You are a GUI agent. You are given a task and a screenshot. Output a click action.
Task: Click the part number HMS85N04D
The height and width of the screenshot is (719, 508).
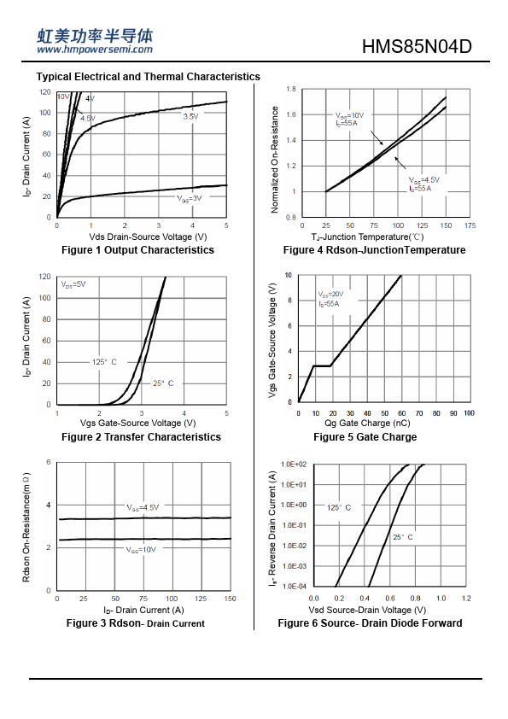coord(417,46)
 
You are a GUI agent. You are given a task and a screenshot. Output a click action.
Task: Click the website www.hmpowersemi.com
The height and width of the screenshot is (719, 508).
coord(95,50)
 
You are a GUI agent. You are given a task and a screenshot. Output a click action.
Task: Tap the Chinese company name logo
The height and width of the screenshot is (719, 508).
coord(95,36)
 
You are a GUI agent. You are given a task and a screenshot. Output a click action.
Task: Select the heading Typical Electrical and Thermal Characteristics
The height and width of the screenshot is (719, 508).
coord(148,77)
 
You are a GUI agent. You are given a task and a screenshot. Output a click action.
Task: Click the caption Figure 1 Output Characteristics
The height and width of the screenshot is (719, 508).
coord(137,250)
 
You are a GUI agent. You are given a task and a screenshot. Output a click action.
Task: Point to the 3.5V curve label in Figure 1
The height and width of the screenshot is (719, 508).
coord(190,116)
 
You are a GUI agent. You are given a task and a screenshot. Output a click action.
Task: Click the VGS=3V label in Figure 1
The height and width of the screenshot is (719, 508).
coord(190,199)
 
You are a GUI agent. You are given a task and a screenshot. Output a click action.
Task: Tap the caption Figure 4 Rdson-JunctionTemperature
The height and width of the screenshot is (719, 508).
coord(374,250)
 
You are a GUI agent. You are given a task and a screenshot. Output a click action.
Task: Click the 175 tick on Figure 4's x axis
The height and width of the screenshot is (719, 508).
coord(470,225)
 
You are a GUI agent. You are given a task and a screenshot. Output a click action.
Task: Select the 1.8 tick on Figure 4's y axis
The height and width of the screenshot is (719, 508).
coord(291,89)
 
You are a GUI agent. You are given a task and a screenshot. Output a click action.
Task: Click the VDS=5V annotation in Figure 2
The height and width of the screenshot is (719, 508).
coord(73,284)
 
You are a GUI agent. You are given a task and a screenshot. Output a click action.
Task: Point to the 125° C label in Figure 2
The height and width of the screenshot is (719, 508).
coord(104,362)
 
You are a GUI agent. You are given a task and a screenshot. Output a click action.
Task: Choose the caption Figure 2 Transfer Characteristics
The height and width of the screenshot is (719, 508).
coord(141,437)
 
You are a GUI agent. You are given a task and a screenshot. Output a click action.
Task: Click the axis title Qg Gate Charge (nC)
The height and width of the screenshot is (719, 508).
coord(367,423)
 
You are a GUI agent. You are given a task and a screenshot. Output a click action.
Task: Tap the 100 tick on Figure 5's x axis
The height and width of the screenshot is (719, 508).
coord(469,413)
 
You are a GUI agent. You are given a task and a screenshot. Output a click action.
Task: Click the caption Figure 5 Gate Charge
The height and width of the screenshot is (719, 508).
coord(365,437)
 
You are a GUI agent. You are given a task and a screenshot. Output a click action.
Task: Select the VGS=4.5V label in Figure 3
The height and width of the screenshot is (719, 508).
coord(143,507)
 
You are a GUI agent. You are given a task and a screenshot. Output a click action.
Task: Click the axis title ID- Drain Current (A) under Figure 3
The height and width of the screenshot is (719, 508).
coord(143,610)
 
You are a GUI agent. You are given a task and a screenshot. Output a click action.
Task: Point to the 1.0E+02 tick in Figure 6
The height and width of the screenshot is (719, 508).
coord(294,465)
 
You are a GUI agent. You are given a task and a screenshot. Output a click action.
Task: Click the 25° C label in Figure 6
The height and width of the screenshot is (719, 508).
coord(403,537)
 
